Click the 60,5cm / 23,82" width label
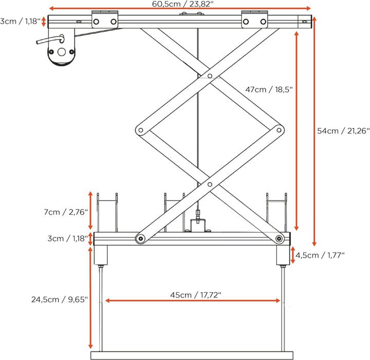[180, 4]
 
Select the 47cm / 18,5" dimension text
[269, 89]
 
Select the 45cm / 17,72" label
[195, 295]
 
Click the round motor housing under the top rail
[61, 52]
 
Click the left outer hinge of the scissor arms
[139, 130]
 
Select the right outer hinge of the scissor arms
[279, 130]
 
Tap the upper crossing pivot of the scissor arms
[209, 77]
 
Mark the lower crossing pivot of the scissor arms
[209, 183]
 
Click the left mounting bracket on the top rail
[105, 20]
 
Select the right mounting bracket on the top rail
[255, 20]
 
